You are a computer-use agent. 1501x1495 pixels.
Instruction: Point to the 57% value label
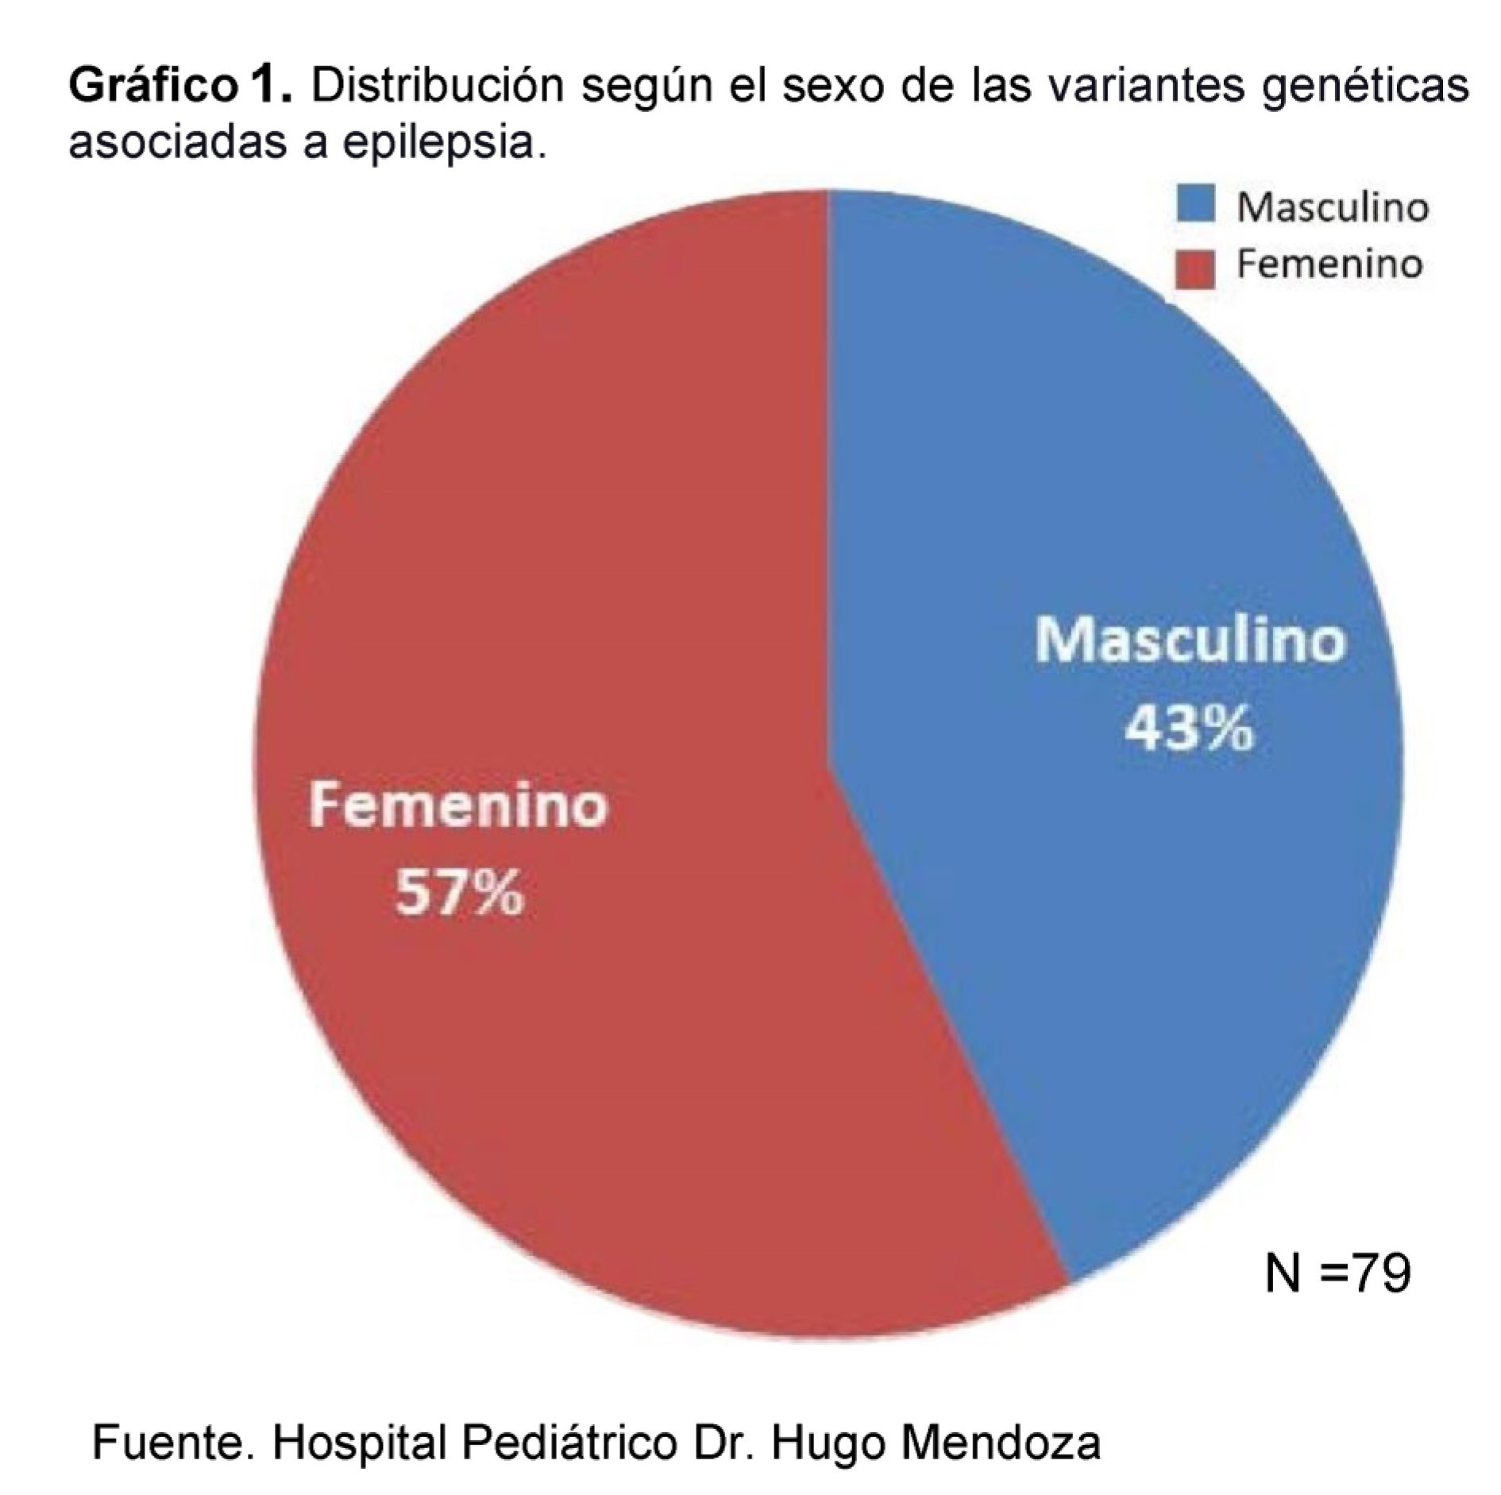pyautogui.click(x=460, y=893)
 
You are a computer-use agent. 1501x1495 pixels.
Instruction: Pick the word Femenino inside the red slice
pyautogui.click(x=458, y=805)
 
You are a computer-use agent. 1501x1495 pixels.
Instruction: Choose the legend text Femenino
pyautogui.click(x=1329, y=265)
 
